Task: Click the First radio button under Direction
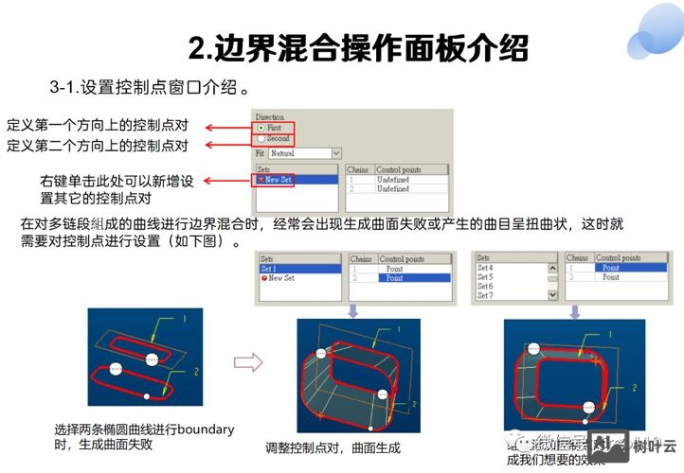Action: pos(261,128)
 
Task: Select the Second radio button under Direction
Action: pos(261,138)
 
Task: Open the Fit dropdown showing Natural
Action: pos(335,152)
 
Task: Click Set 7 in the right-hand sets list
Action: pos(485,296)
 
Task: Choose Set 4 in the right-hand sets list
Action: pos(485,268)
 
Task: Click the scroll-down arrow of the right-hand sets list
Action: pos(552,295)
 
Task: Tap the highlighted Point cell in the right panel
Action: pos(611,268)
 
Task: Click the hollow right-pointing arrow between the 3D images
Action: pos(247,360)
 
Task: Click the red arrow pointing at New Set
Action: pos(227,180)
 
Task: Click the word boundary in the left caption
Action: pos(206,429)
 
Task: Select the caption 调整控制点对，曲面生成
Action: pos(333,447)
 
